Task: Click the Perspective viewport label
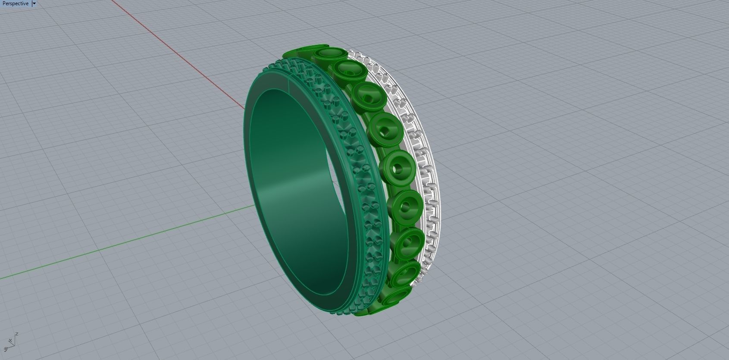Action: coord(15,3)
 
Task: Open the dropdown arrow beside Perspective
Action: coord(34,3)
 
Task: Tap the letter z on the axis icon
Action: coord(16,334)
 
